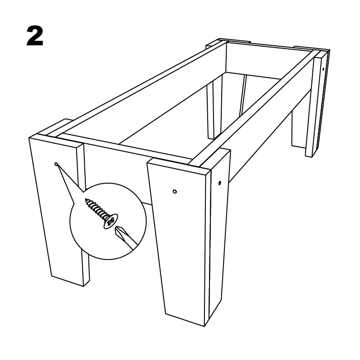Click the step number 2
point(35,36)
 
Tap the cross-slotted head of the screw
point(111,221)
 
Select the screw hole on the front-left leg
point(56,164)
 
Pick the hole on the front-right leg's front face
point(175,191)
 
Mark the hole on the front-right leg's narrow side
point(220,183)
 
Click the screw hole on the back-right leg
point(323,69)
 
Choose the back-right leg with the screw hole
point(318,103)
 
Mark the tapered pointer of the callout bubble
point(67,181)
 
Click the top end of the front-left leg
point(56,136)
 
